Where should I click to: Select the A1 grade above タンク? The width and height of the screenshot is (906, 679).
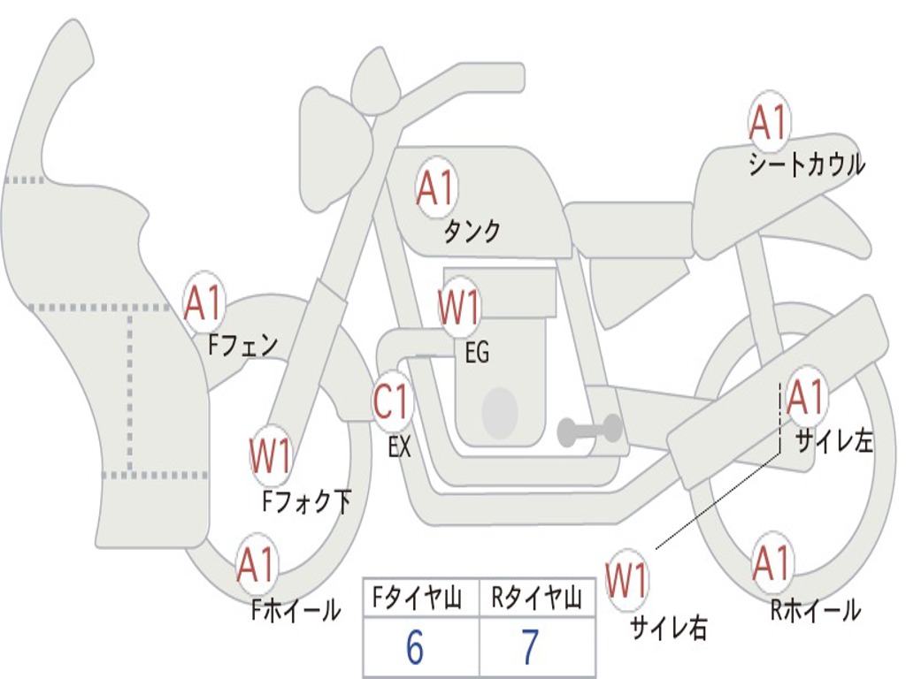pos(435,188)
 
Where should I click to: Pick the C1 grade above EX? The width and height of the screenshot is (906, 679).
pos(392,403)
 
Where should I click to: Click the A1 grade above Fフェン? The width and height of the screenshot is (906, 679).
pos(204,303)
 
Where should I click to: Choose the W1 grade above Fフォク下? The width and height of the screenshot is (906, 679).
pos(270,457)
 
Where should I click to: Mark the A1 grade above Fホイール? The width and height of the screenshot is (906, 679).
pos(256,566)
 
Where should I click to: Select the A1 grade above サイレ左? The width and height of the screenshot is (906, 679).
pos(805,398)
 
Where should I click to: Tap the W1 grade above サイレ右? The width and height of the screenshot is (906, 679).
pos(626,582)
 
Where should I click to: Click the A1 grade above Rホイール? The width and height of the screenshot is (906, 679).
pos(771,563)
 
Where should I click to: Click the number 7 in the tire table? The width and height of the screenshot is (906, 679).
pos(530,648)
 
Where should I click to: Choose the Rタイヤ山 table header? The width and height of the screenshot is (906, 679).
pos(536,600)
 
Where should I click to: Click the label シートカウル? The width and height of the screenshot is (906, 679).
pos(806,165)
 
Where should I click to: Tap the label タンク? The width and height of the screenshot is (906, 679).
pos(472,232)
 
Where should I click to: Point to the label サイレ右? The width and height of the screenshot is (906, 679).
pos(669,627)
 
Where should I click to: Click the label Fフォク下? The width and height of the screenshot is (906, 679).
pos(307,502)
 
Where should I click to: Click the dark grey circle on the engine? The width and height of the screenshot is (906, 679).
pos(500,412)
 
